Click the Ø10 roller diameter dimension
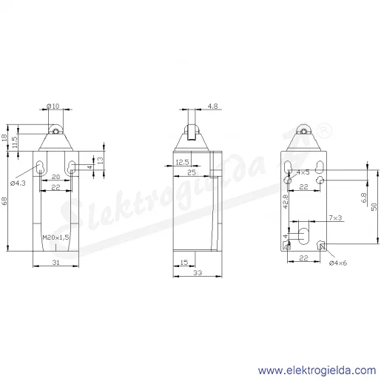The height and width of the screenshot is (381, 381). [x=53, y=106]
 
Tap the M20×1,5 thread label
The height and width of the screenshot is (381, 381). [x=55, y=237]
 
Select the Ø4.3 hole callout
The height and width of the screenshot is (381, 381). [x=18, y=183]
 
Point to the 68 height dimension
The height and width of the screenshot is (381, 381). [x=4, y=200]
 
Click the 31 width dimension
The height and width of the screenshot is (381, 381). [x=56, y=262]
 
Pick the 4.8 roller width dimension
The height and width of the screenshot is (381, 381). [x=212, y=106]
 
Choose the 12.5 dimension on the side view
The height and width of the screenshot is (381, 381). [x=182, y=162]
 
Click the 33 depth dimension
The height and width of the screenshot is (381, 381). [x=198, y=272]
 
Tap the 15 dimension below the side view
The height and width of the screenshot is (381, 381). [x=184, y=262]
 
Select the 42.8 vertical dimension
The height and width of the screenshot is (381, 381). [x=286, y=201]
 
